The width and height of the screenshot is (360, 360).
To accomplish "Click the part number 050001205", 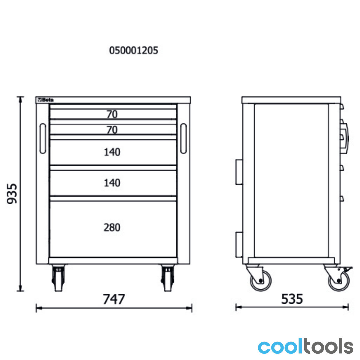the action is (133, 50).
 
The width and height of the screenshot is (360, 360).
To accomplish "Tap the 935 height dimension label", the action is (12, 194).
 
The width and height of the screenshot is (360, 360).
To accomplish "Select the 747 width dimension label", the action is (114, 299).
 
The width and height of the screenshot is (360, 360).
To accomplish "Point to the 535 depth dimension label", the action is (292, 299).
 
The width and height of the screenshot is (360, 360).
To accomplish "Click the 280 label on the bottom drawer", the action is (112, 227).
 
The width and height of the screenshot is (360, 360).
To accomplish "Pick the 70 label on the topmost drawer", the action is (112, 114).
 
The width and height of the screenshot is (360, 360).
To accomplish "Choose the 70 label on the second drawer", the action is (112, 130).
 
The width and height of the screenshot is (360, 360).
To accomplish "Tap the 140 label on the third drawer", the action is (112, 152).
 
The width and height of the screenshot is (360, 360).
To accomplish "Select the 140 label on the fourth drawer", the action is (112, 183).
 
